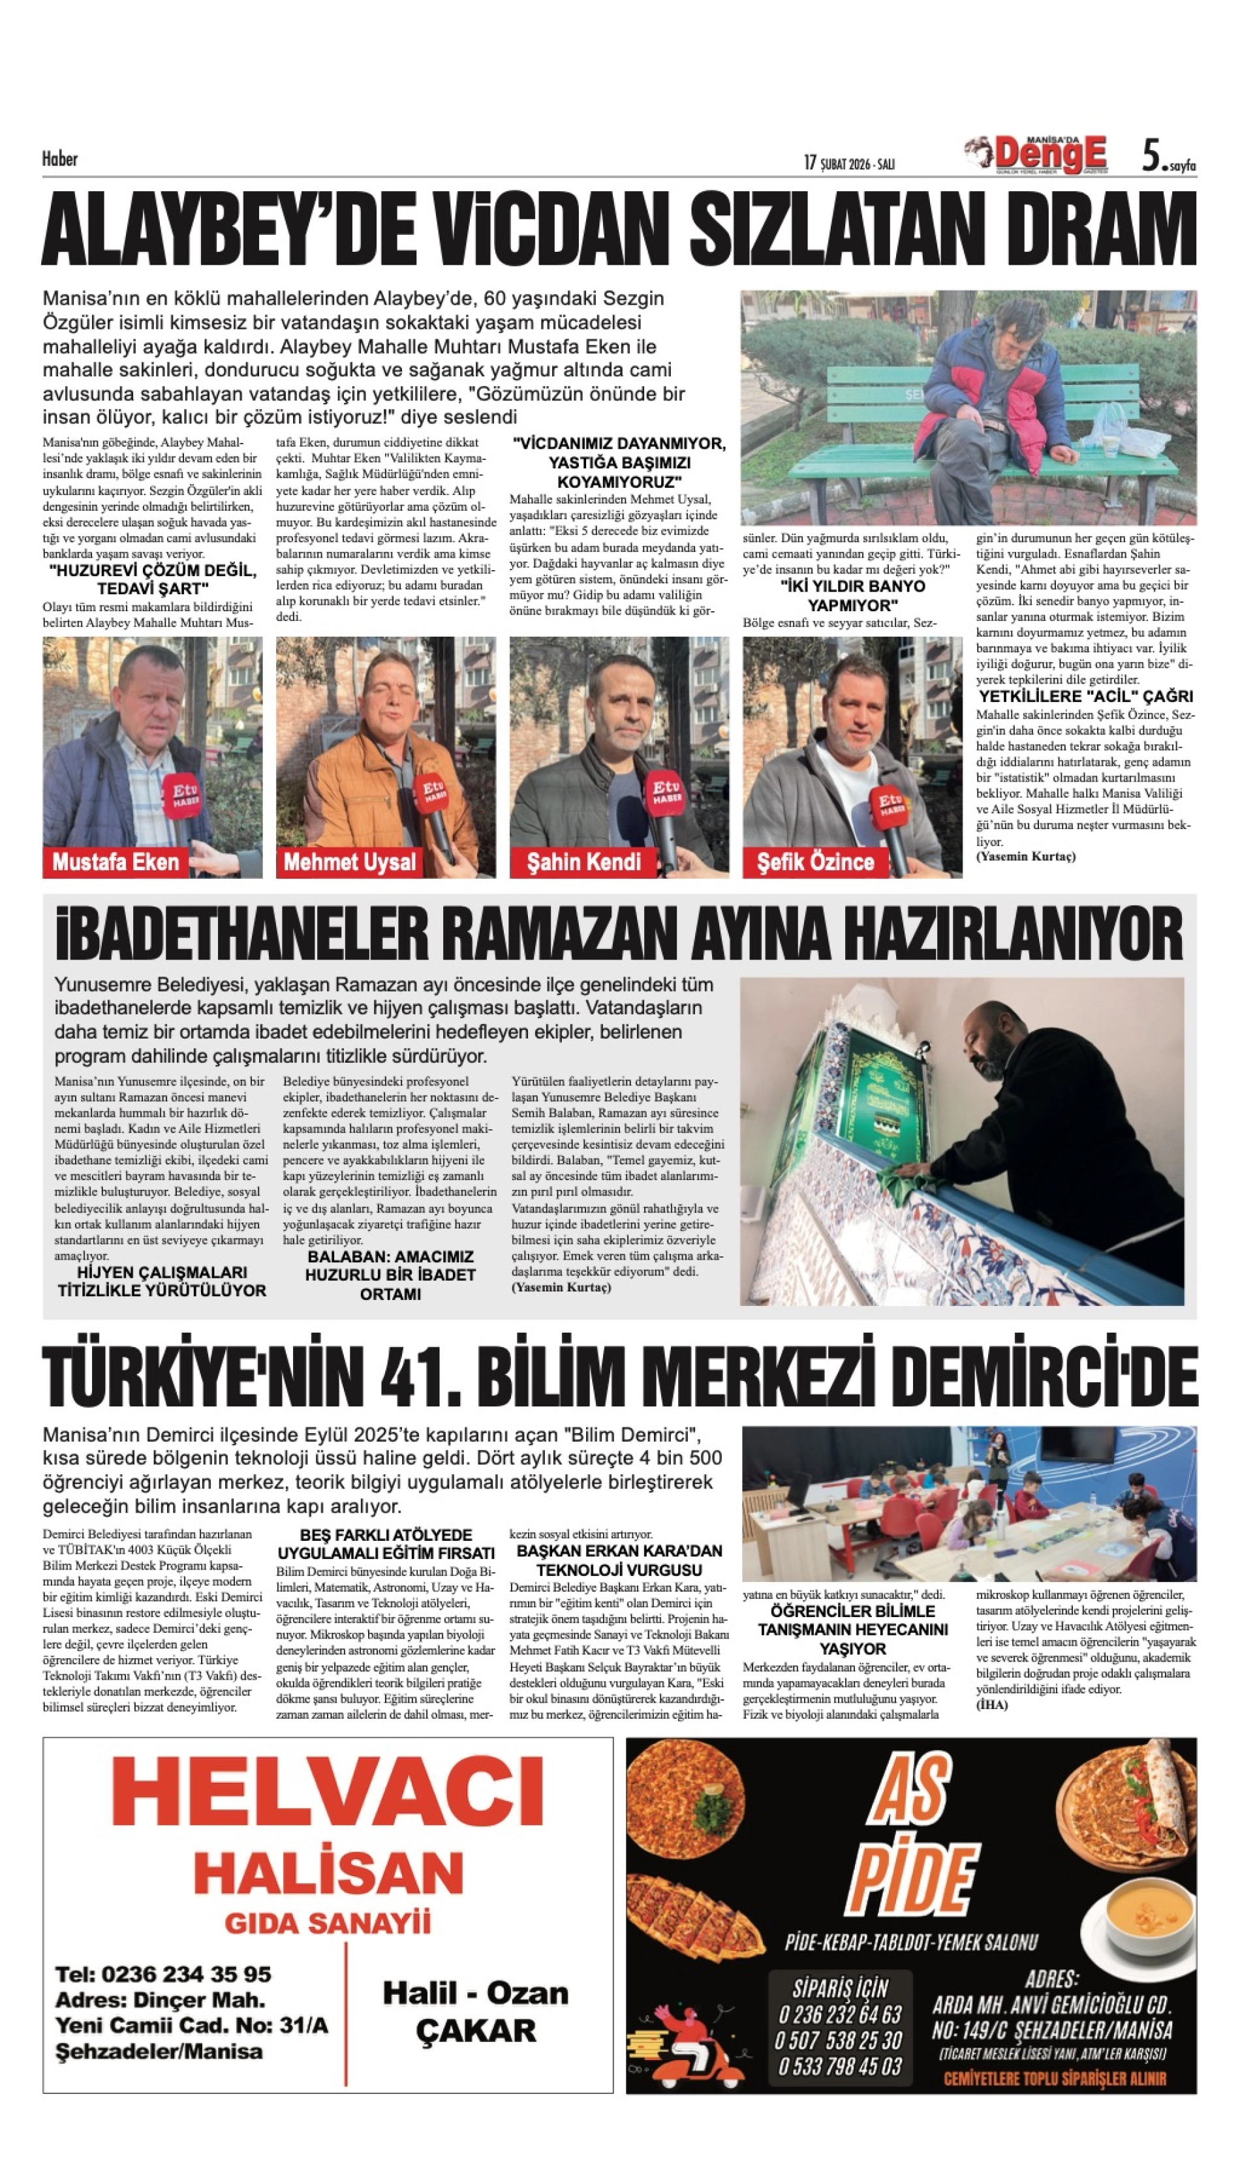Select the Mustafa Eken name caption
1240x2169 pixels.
(x=116, y=862)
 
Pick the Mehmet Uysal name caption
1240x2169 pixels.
(x=349, y=862)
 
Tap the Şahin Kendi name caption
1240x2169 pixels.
(x=583, y=862)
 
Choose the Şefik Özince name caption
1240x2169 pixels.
(x=815, y=862)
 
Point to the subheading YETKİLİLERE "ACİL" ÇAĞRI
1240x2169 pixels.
(x=1085, y=695)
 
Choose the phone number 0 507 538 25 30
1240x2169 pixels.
(x=839, y=2040)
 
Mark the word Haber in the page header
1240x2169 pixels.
(x=59, y=159)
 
